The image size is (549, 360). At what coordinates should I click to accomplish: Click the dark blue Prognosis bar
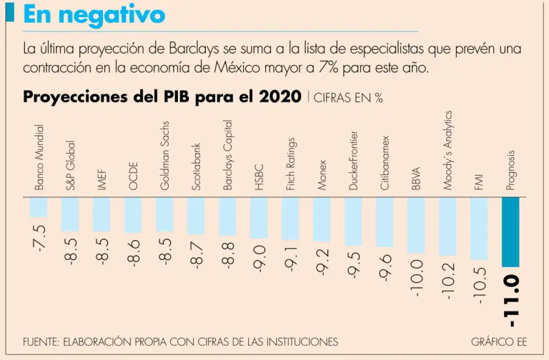(510, 231)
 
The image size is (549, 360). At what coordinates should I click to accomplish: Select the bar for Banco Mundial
(39, 207)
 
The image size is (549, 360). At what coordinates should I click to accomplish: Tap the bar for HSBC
(259, 218)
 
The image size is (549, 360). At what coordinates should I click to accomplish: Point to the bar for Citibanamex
(385, 222)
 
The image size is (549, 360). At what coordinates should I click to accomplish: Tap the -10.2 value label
(447, 280)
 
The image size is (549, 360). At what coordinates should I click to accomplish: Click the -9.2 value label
(322, 262)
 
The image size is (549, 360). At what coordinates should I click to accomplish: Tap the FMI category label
(479, 181)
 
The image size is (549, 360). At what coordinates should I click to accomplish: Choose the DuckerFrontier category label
(353, 160)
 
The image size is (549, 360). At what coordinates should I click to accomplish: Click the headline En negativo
(94, 14)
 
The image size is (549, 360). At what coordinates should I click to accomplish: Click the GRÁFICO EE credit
(498, 341)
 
